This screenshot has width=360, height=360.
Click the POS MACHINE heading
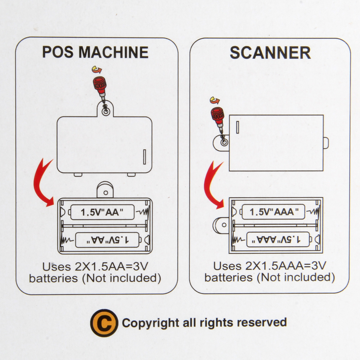95,52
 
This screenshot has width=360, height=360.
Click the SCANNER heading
270,53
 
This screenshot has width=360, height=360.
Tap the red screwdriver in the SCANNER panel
218,119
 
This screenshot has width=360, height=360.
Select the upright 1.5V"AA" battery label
102,212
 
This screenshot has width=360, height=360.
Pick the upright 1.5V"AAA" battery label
274,212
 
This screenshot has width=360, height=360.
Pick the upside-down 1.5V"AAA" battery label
277,239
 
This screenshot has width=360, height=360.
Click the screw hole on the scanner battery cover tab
223,142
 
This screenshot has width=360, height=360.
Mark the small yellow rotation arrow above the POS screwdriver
97,70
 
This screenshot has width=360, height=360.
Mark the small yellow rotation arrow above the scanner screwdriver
214,100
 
